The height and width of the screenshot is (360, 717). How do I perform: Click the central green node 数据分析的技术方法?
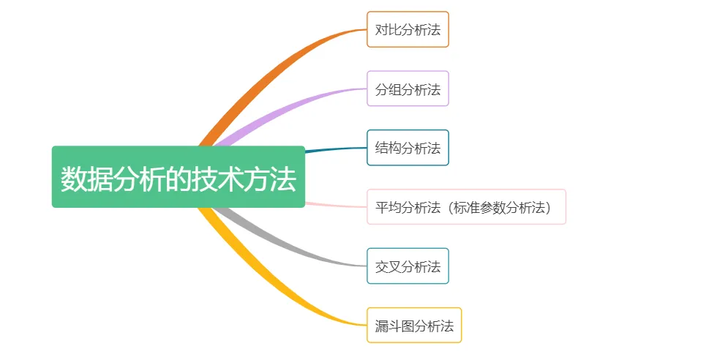179,176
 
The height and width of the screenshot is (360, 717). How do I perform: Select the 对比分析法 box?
408,29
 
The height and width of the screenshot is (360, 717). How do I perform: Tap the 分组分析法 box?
408,89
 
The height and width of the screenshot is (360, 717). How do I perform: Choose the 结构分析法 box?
408,148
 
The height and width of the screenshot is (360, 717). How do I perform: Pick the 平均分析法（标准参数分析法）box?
467,207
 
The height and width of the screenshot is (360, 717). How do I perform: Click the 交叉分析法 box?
408,266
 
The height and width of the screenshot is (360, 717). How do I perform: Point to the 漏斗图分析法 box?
414,325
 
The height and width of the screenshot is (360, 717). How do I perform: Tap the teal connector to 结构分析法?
336,149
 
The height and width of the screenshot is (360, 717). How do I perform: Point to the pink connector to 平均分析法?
336,205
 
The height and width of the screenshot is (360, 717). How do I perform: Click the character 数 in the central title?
74,179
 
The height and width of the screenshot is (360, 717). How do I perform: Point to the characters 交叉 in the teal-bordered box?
388,266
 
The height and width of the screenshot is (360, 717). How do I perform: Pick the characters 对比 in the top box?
388,30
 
